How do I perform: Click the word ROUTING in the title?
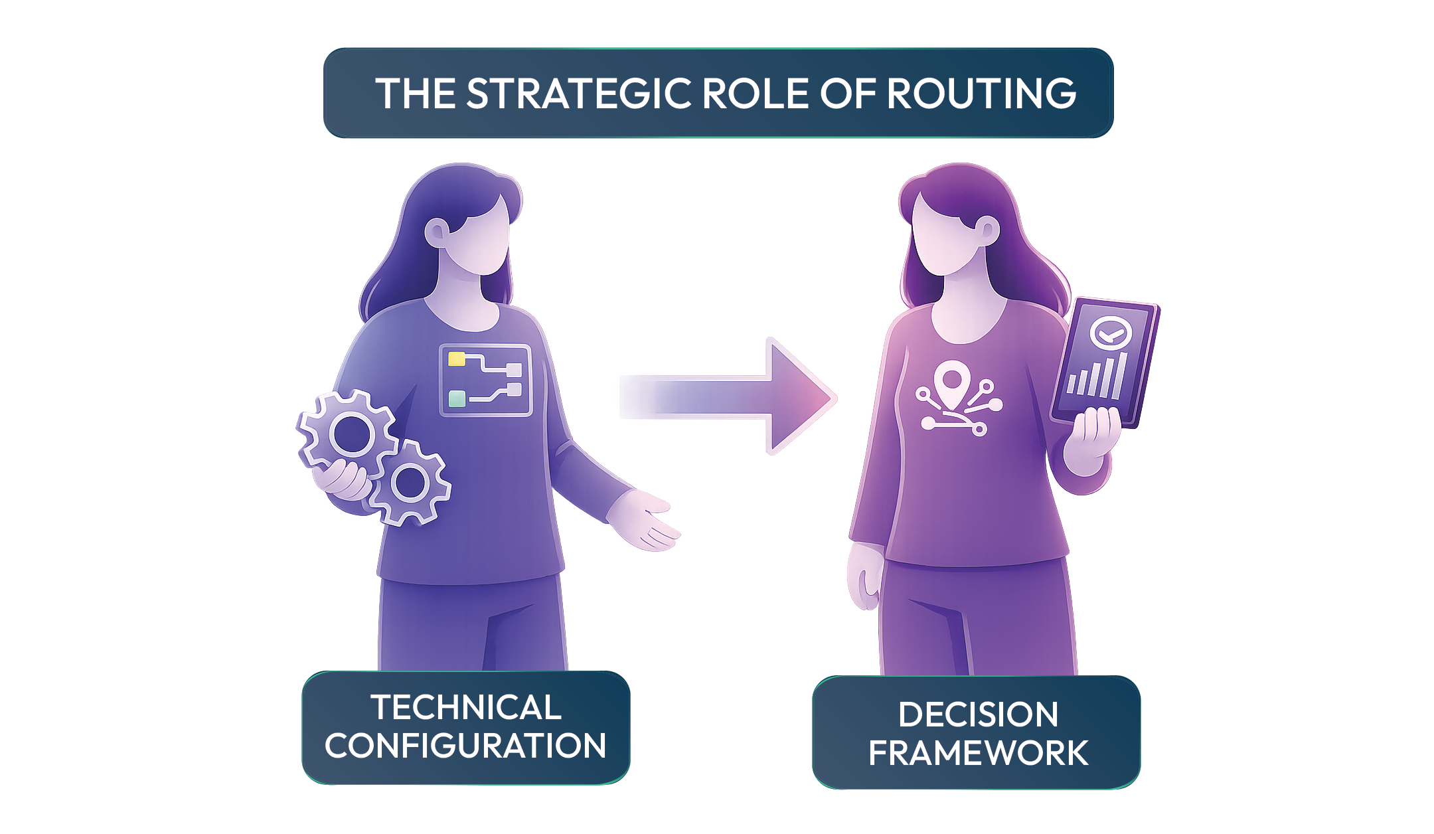pyautogui.click(x=981, y=94)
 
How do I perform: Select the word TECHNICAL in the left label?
pyautogui.click(x=466, y=707)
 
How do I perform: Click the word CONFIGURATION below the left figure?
pyautogui.click(x=465, y=746)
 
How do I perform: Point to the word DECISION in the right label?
pyautogui.click(x=978, y=715)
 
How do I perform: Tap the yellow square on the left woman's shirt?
pyautogui.click(x=457, y=359)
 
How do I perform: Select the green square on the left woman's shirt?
pyautogui.click(x=457, y=398)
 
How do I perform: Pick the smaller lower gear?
pyautogui.click(x=410, y=483)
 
